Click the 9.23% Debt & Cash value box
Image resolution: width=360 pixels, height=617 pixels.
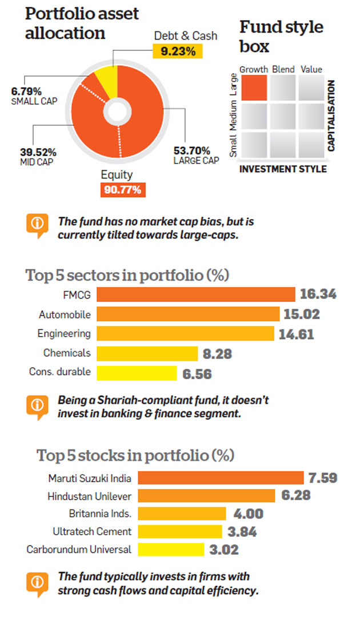point(177,51)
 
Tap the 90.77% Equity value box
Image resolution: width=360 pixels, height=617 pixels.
point(123,189)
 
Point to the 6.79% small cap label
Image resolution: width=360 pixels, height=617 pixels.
point(25,90)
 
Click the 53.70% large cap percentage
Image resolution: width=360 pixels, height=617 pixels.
point(188,150)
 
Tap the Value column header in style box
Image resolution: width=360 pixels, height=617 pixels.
point(311,69)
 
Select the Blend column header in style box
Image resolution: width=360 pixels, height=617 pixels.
point(283,69)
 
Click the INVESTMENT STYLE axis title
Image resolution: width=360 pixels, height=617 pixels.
point(282,169)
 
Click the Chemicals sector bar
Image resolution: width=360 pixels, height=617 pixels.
point(147,353)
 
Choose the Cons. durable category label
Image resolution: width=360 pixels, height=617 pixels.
point(60,372)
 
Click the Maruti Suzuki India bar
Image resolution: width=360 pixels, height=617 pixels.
point(221,477)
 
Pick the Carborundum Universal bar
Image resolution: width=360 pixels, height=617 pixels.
point(171,550)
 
